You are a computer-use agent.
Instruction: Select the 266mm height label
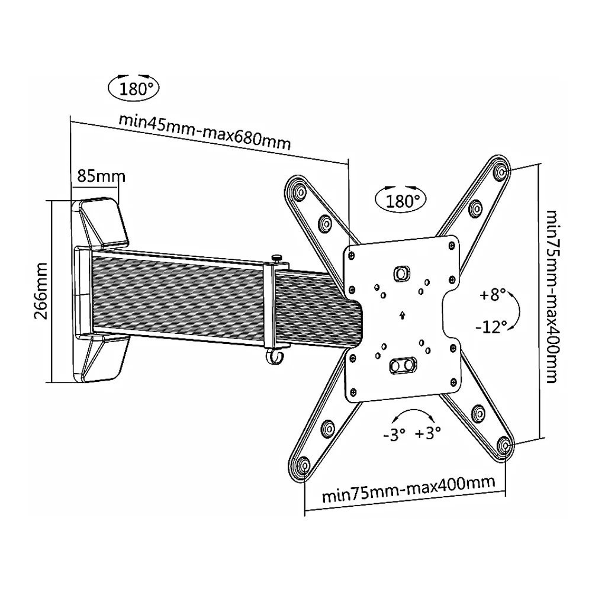(x=40, y=291)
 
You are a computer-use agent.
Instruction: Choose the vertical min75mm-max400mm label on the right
(x=551, y=296)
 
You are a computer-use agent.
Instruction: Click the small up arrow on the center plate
(x=402, y=314)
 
